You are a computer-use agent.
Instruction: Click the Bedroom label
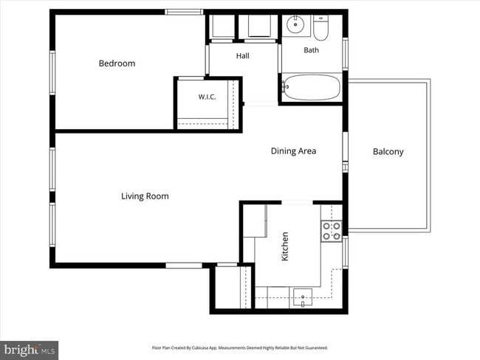(x=117, y=63)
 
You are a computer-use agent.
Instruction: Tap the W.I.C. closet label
(x=208, y=97)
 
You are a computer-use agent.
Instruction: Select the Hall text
(x=243, y=55)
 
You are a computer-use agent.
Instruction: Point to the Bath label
(x=312, y=50)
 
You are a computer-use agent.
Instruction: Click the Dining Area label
(x=294, y=150)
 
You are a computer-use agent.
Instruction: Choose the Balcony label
(x=388, y=152)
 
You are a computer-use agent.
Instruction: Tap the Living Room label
(x=145, y=196)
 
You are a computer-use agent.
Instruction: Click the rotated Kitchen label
(x=285, y=246)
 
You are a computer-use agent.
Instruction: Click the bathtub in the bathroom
(x=312, y=87)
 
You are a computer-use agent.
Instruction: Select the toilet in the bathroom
(x=320, y=27)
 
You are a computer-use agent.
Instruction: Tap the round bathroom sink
(x=295, y=24)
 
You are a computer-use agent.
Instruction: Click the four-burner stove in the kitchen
(x=332, y=231)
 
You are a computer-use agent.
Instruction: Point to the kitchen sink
(x=303, y=297)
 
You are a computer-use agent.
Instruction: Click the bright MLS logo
(x=29, y=350)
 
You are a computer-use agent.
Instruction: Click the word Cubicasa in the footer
(x=200, y=347)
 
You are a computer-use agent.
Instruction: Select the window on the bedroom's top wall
(x=184, y=12)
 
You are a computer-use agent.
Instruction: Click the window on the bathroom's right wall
(x=346, y=54)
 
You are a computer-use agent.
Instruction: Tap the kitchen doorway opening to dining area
(x=297, y=202)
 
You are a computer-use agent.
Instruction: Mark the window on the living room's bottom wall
(x=184, y=266)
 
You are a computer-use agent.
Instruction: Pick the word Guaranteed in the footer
(x=317, y=347)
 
